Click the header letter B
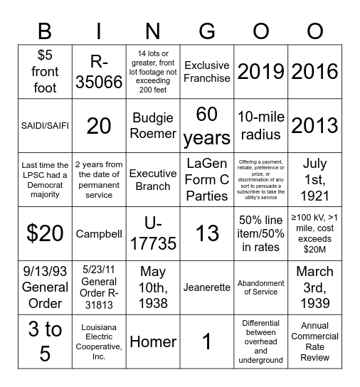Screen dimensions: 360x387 point(44,31)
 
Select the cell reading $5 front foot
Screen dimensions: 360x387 point(44,71)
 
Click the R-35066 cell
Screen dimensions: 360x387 point(99,71)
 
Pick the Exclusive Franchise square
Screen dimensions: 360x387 point(206,71)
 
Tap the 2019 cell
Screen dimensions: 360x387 point(260,71)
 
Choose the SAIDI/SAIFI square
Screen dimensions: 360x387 point(44,125)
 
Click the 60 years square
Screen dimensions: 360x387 point(206,125)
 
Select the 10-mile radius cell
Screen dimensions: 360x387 point(260,125)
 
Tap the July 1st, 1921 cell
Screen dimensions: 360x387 point(314,179)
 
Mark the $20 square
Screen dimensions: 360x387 point(44,233)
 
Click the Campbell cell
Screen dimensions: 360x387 point(99,233)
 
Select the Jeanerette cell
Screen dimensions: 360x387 point(206,287)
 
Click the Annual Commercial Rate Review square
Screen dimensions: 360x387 point(314,341)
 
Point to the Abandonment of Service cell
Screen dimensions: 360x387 point(260,287)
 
